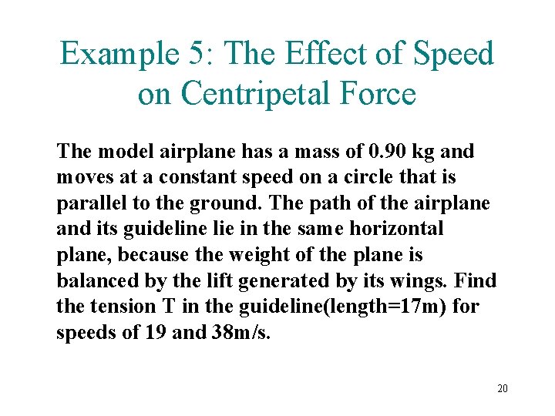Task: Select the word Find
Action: tap(478, 280)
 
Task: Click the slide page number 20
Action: tap(502, 387)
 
